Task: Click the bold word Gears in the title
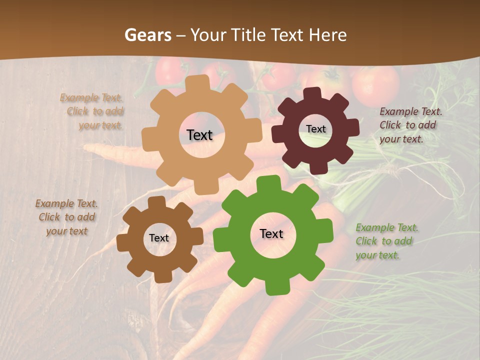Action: tap(148, 35)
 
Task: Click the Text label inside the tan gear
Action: tap(199, 135)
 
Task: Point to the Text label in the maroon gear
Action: tap(315, 129)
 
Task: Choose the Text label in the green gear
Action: tap(271, 234)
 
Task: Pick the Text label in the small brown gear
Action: tap(159, 238)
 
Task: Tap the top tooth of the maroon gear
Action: tap(312, 94)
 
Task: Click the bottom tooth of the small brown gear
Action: tap(160, 276)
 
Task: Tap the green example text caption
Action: tap(386, 241)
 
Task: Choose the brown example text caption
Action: tap(66, 217)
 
